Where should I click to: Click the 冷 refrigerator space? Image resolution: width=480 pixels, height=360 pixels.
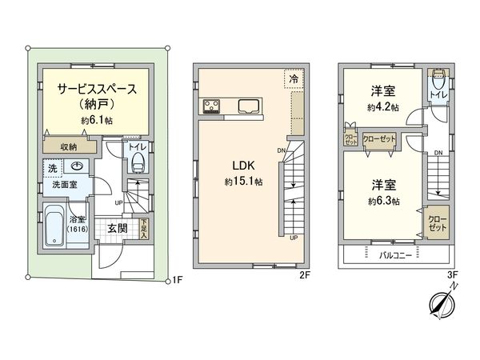coord(293,79)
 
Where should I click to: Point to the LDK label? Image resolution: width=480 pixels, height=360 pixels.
coord(243,166)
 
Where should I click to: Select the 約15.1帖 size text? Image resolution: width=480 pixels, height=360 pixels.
coord(243,182)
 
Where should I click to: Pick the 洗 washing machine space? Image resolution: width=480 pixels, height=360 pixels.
coord(52,169)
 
